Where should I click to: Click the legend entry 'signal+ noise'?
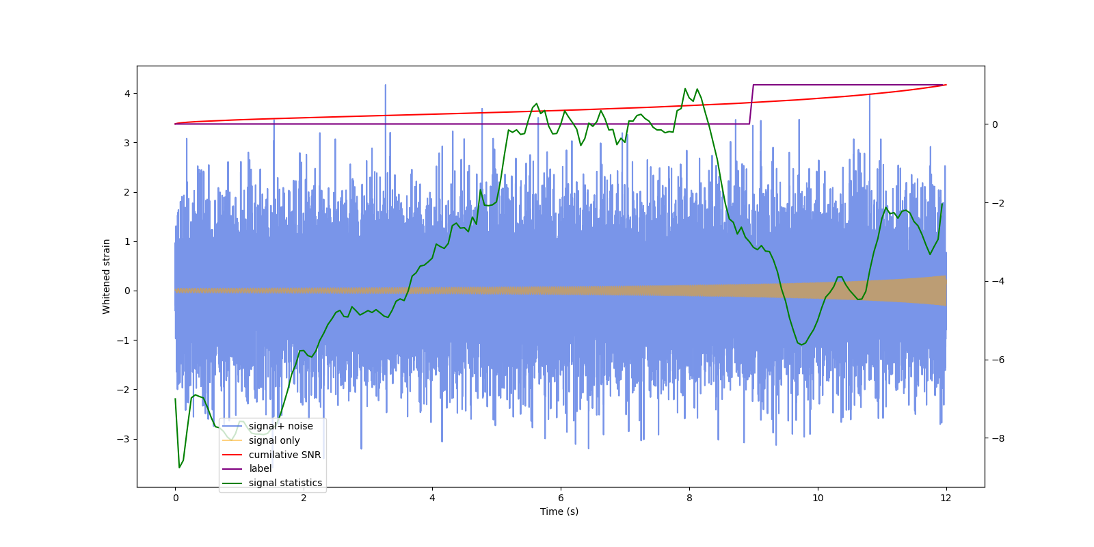click(x=280, y=426)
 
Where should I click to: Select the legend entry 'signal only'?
click(x=273, y=440)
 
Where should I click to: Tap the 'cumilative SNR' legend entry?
click(x=284, y=455)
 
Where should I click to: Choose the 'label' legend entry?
click(x=260, y=468)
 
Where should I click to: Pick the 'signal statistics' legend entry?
click(x=285, y=483)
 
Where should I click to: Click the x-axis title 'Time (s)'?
click(x=559, y=511)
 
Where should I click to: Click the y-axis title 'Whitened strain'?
click(x=107, y=276)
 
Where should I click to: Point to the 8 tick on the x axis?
click(x=689, y=498)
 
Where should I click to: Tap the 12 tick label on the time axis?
click(x=946, y=498)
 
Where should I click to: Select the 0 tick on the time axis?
click(x=175, y=498)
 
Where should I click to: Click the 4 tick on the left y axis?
click(x=126, y=94)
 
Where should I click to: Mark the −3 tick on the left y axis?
click(x=124, y=439)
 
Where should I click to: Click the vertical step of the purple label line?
click(x=751, y=104)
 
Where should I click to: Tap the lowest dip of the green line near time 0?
click(x=179, y=467)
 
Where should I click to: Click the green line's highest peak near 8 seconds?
click(x=685, y=89)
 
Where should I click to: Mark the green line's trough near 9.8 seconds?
click(x=802, y=345)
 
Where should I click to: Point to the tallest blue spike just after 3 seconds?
click(x=385, y=85)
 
